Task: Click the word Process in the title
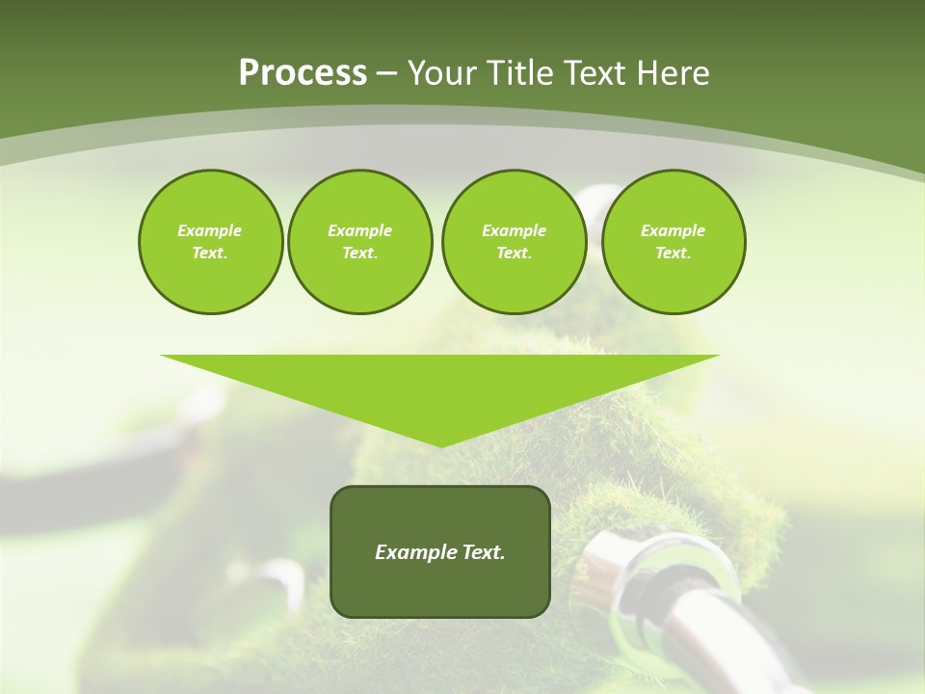click(x=303, y=73)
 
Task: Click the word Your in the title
click(x=443, y=73)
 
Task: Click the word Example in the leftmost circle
click(x=210, y=230)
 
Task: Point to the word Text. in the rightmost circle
click(x=674, y=253)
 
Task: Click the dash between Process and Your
click(x=386, y=73)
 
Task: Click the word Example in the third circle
click(x=514, y=230)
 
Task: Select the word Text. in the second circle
click(x=359, y=253)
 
